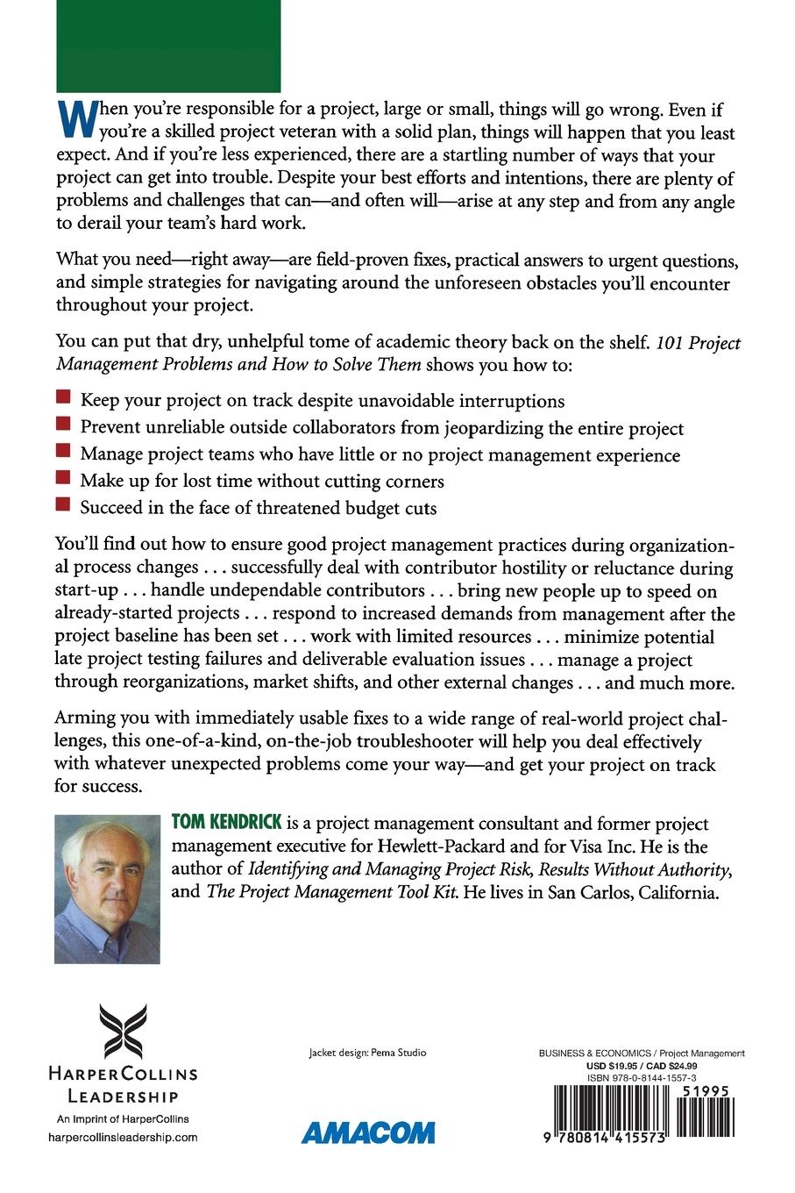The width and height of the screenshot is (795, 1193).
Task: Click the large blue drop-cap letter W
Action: [x=73, y=121]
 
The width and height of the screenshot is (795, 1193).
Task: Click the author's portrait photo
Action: [x=107, y=889]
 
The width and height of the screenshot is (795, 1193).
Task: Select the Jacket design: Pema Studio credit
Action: [x=368, y=1053]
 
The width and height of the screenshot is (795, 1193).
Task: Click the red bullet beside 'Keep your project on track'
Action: [x=62, y=399]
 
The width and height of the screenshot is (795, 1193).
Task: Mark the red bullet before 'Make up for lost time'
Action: [x=62, y=479]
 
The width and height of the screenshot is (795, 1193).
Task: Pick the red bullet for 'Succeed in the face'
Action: [x=62, y=506]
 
